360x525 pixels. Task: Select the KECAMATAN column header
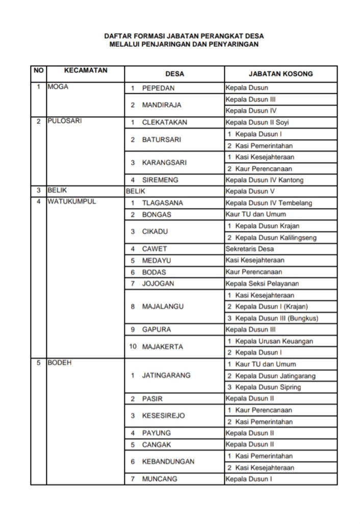pos(86,70)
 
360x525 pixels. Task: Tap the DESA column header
pos(174,74)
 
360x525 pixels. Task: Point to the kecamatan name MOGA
pos(58,87)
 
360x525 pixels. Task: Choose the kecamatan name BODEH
pos(60,363)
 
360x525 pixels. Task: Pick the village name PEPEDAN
pos(158,88)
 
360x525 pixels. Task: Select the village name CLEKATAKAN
pos(164,122)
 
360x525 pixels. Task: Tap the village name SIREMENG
pos(161,180)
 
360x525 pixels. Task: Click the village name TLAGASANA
pos(162,203)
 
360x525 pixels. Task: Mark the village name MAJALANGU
pos(163,307)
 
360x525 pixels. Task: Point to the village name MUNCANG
pos(160,479)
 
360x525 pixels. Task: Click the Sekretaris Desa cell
pos(249,249)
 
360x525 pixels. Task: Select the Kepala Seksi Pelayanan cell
pos(262,284)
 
